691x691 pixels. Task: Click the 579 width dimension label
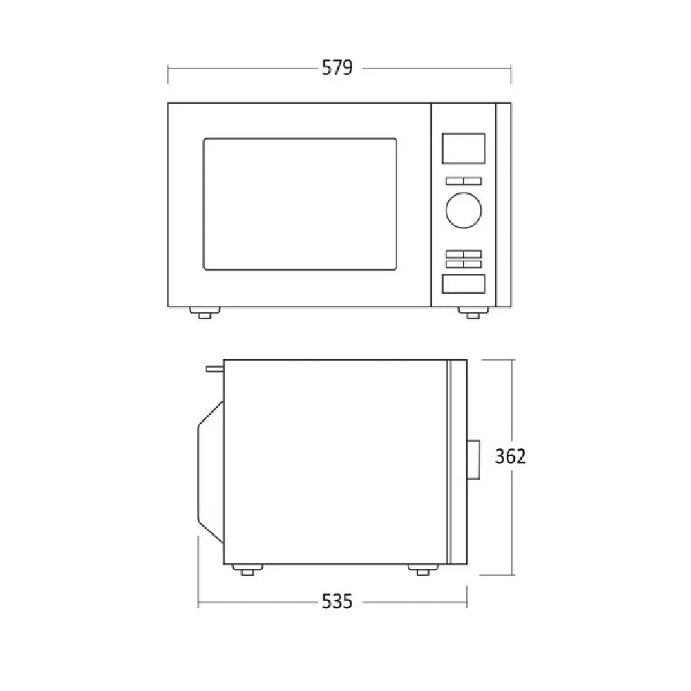[337, 68]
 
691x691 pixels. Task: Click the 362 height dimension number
[511, 457]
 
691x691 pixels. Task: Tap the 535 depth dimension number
[337, 602]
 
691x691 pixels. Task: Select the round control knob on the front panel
[464, 210]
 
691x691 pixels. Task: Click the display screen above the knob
[464, 149]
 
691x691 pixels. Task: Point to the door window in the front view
[300, 204]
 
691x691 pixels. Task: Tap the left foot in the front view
[204, 312]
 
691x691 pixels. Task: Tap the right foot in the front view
[473, 312]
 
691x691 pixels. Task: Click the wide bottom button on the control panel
[464, 284]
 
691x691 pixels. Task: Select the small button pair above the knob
[464, 181]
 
